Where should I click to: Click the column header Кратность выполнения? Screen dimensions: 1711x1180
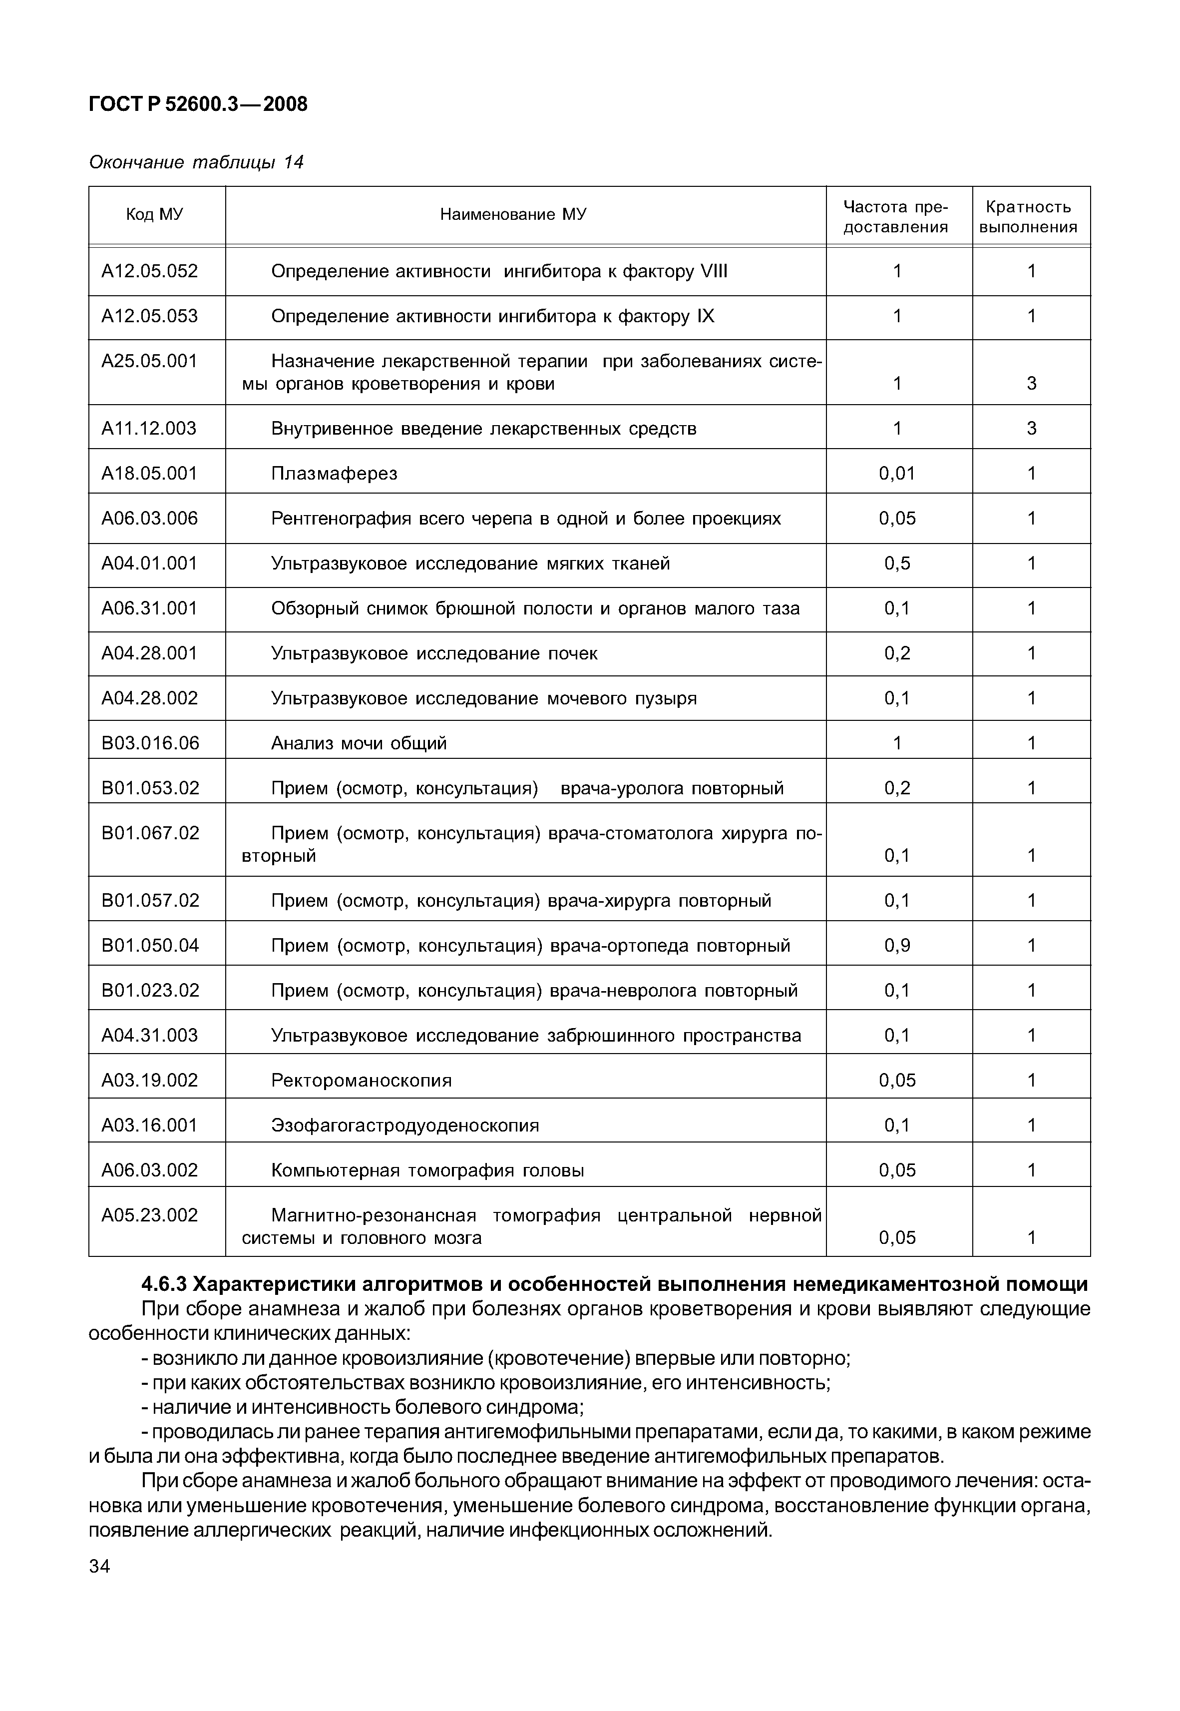1031,217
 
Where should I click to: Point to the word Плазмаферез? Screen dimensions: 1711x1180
334,473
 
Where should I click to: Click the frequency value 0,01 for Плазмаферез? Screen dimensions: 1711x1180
897,473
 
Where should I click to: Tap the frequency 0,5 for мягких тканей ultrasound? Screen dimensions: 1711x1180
897,564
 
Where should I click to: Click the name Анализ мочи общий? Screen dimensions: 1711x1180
360,743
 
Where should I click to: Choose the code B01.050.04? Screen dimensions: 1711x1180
150,946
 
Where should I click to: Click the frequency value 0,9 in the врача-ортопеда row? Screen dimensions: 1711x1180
897,946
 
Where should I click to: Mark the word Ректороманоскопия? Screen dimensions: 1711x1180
362,1080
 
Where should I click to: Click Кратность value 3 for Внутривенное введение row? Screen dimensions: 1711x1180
1031,429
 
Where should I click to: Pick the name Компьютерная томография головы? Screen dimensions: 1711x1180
427,1170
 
